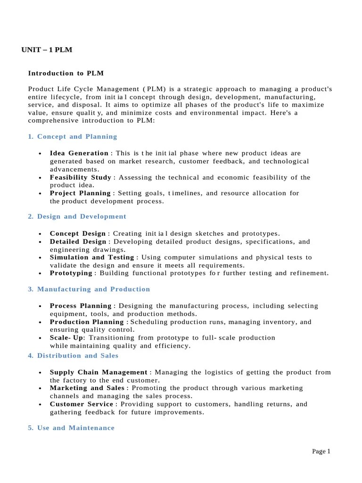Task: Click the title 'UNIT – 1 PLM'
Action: [x=47, y=50]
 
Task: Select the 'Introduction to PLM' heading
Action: [x=66, y=73]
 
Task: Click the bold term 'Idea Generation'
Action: [x=79, y=153]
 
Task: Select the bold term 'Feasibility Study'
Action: [x=80, y=177]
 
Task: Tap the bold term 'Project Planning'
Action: [x=80, y=193]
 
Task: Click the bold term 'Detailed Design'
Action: [x=78, y=241]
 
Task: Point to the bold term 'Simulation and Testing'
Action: [x=92, y=258]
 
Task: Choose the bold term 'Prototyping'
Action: [x=71, y=273]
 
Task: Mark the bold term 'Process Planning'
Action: [x=81, y=306]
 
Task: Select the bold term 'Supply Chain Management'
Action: [x=99, y=372]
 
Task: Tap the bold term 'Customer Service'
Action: [x=81, y=404]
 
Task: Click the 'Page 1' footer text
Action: [x=321, y=451]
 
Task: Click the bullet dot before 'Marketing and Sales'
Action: [x=41, y=389]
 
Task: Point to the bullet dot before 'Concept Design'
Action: [x=41, y=234]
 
